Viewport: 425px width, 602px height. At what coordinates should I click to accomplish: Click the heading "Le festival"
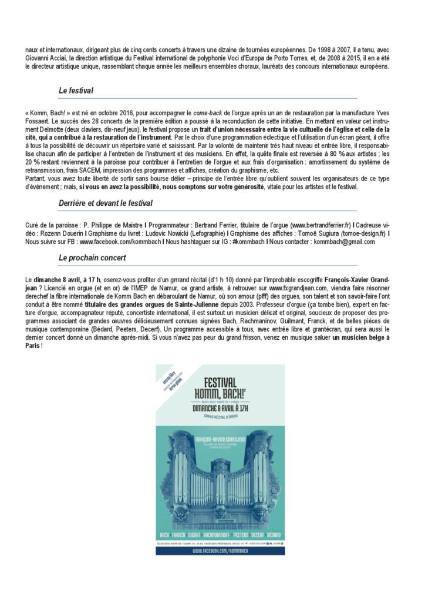coord(76,91)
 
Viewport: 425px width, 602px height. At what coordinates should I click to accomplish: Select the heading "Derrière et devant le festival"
coord(106,203)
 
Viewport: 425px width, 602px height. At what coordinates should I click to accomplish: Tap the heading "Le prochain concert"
coord(92,257)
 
